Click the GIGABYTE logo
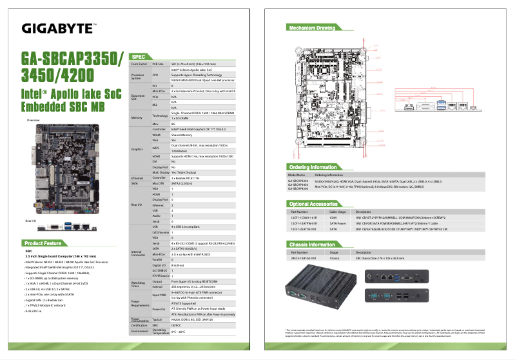59,28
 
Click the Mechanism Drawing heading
312,28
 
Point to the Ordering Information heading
313,167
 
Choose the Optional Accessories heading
314,204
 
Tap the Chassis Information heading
313,244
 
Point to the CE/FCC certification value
177,326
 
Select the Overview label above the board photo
33,121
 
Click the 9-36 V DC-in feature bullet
37,311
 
